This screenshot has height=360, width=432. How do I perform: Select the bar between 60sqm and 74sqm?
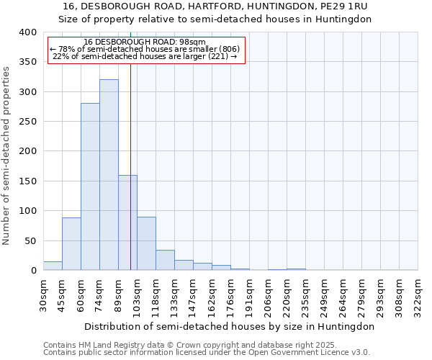click(x=90, y=186)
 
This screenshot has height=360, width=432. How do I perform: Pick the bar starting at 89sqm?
click(x=127, y=222)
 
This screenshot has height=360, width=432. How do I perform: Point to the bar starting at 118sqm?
click(x=165, y=260)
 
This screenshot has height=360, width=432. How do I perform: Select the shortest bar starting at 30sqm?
click(x=53, y=266)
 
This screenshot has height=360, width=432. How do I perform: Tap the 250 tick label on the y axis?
click(x=27, y=122)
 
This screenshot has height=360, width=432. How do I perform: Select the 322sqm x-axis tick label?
click(x=418, y=294)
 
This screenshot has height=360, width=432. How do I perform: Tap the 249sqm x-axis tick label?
click(x=324, y=294)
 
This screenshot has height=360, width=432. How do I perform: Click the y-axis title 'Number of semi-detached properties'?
click(x=7, y=155)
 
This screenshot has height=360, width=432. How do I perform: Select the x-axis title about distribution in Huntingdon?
click(x=230, y=326)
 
